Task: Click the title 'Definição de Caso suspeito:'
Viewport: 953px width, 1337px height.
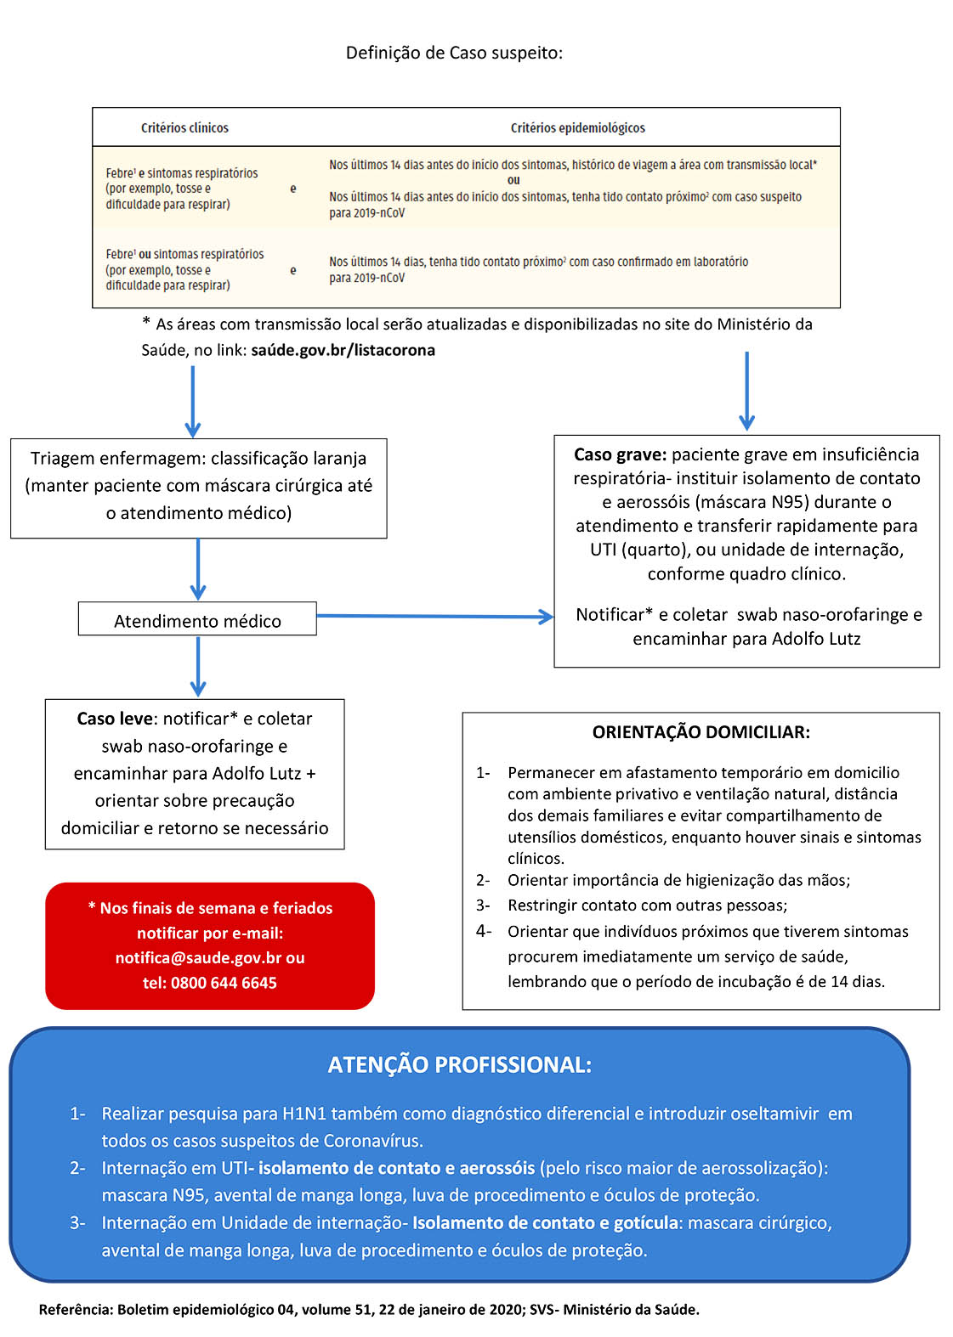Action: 454,54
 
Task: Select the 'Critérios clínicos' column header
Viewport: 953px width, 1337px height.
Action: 184,127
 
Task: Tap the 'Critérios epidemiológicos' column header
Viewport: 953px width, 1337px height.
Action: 578,127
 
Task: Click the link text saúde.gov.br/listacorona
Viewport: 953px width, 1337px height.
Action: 343,350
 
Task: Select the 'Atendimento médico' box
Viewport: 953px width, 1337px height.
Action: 197,618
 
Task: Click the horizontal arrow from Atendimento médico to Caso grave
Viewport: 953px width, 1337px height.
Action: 435,616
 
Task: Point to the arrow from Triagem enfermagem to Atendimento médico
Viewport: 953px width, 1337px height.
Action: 198,569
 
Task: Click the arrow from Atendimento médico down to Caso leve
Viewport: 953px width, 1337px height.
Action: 198,667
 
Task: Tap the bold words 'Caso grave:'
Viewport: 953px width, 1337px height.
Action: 621,454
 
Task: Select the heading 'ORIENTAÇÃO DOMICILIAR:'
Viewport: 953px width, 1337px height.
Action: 701,732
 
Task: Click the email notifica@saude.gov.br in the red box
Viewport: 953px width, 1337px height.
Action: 198,958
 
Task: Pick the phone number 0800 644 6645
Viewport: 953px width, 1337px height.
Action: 224,983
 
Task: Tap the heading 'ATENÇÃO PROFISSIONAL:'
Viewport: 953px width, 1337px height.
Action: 459,1065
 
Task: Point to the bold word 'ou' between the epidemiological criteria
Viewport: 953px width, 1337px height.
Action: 513,180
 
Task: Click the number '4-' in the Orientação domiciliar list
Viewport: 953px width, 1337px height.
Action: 484,931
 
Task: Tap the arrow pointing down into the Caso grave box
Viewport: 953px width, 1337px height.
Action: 747,391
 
